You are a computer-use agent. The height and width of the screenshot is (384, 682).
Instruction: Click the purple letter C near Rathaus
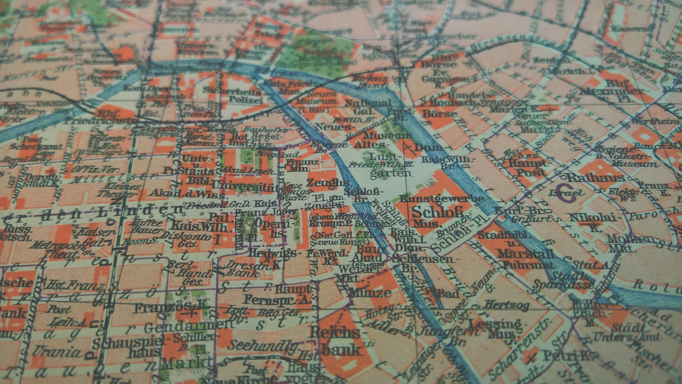point(565,190)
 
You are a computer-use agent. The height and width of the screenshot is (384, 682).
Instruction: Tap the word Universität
point(242,186)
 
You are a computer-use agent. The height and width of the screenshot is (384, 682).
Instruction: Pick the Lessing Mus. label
point(494,328)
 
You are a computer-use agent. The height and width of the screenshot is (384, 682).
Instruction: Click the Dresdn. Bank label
point(246,268)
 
